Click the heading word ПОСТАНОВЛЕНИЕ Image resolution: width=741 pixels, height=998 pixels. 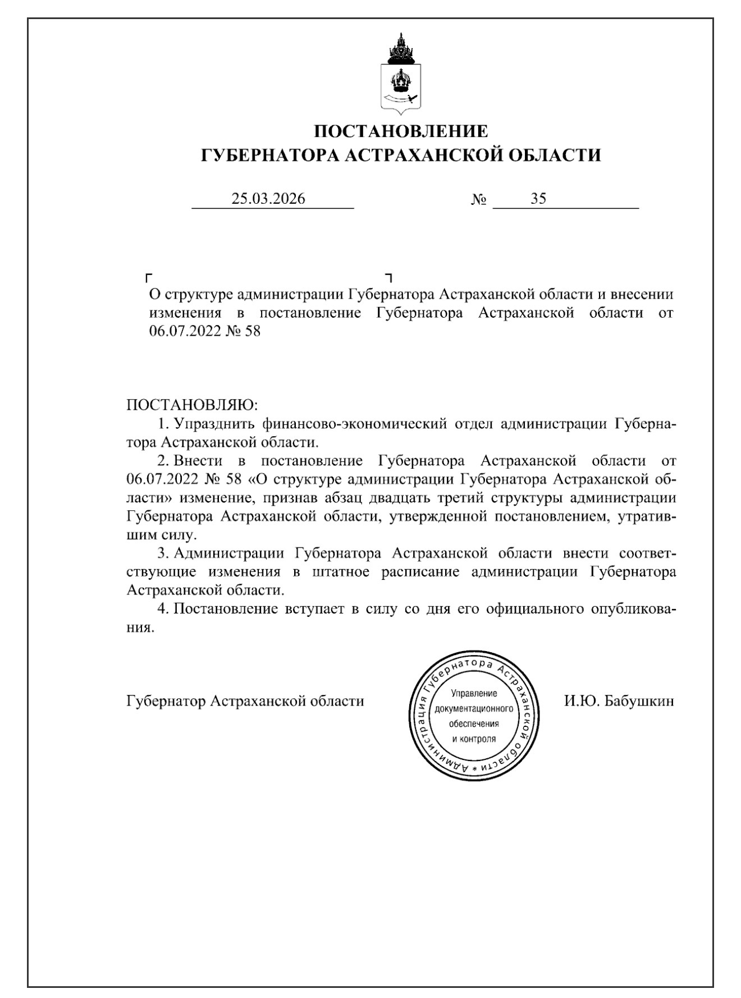(401, 131)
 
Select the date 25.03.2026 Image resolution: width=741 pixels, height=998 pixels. (268, 199)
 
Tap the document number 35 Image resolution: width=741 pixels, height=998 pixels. (538, 199)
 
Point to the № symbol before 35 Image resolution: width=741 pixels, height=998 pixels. (478, 200)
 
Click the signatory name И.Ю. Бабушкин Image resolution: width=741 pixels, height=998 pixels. (619, 701)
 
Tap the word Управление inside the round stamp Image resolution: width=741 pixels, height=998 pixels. (474, 694)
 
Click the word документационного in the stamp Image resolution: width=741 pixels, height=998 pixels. (474, 708)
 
